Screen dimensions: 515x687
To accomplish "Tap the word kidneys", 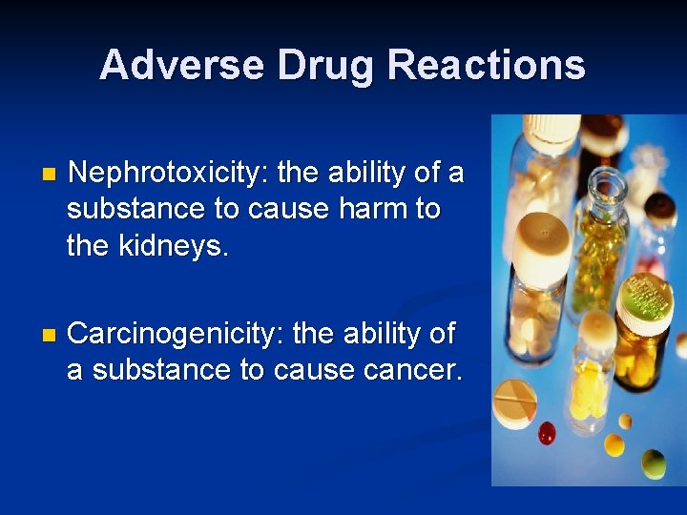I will coord(177,246).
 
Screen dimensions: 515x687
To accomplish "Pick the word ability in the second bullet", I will coord(380,334).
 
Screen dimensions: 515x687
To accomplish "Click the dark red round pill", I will coord(547,433).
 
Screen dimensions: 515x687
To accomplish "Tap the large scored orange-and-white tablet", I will coord(513,402).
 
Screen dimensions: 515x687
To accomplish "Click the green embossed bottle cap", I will coord(646,297).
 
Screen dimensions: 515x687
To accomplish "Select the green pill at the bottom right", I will coord(653,463).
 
